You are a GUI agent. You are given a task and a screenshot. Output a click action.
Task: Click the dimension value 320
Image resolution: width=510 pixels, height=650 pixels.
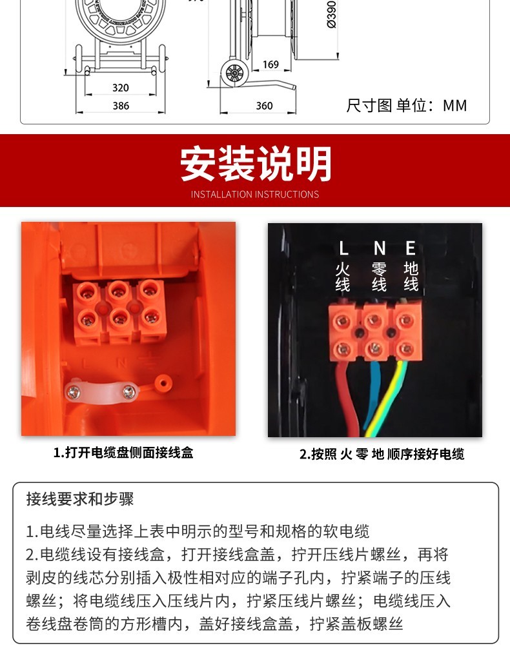121,88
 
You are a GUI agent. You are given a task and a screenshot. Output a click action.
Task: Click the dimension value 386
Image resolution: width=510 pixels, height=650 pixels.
121,106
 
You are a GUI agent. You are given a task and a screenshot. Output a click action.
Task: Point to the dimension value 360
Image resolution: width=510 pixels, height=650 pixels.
264,106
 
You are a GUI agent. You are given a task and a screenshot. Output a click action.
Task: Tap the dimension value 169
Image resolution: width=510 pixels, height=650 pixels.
270,64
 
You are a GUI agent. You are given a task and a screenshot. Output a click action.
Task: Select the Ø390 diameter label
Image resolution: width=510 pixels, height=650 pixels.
332,14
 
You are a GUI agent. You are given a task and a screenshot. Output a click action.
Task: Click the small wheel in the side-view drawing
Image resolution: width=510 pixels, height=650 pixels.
234,74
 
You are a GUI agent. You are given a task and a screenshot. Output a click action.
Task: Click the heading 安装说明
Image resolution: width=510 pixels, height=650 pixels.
256,164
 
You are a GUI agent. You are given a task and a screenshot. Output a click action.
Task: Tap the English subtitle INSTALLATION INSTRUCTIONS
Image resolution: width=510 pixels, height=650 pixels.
255,195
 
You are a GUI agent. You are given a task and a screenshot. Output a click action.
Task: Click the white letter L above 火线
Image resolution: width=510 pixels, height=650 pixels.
343,248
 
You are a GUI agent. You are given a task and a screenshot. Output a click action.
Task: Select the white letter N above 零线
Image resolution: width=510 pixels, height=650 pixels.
380,248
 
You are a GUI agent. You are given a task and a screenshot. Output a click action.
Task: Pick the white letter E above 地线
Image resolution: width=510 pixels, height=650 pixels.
411,248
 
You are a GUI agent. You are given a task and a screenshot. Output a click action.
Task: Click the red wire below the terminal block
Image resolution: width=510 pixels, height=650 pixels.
349,400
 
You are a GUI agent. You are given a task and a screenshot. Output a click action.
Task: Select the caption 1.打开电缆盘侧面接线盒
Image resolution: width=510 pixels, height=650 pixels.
123,452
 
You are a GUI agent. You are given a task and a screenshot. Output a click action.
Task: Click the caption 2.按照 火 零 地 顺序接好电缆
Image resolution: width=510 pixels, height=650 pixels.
382,455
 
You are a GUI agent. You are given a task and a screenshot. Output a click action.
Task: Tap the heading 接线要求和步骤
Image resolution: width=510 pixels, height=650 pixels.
80,499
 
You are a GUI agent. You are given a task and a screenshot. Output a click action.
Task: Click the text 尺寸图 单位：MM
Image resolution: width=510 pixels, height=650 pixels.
407,105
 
